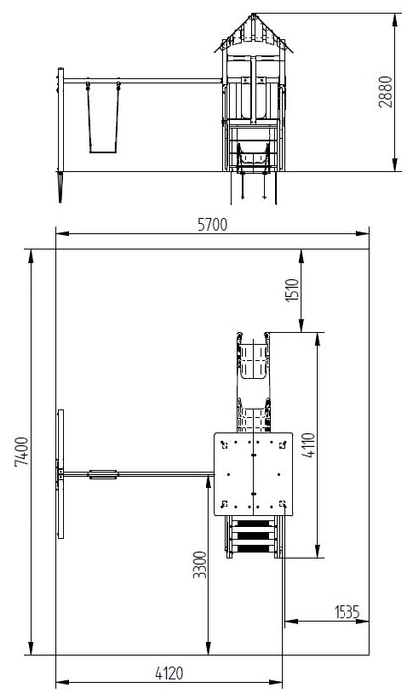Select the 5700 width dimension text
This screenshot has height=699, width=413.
tap(211, 224)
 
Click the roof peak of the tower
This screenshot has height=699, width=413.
tap(252, 15)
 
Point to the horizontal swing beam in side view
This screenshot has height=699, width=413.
tap(139, 81)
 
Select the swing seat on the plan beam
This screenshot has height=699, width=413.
tap(103, 474)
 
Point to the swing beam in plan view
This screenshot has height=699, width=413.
tap(159, 474)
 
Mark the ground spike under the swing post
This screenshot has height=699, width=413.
tap(63, 188)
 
